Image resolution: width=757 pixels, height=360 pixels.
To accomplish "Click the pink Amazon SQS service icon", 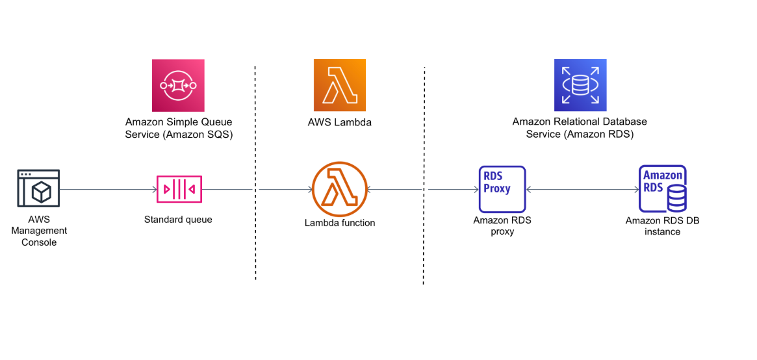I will click(x=178, y=85).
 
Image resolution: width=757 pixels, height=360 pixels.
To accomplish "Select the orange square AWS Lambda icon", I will click(x=339, y=85).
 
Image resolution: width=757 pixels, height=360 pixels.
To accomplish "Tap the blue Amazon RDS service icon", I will click(x=580, y=85).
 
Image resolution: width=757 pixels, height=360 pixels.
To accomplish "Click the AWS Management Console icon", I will click(x=38, y=188).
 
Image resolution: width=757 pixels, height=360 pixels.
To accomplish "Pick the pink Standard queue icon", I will click(x=179, y=189).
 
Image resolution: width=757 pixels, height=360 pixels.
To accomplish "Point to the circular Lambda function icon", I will click(x=339, y=189).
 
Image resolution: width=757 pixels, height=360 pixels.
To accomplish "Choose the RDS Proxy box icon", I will click(x=502, y=189).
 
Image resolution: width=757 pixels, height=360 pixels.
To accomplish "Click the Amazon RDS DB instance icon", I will click(x=662, y=188).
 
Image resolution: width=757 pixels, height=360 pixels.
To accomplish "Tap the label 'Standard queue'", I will click(x=178, y=220).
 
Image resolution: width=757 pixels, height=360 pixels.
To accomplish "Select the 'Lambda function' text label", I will click(x=339, y=223).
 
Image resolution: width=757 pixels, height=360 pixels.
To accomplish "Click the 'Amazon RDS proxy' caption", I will click(x=502, y=226).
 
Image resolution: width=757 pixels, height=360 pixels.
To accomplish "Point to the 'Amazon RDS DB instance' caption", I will click(x=662, y=226).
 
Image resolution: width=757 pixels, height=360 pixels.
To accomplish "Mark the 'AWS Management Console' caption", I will click(x=39, y=231).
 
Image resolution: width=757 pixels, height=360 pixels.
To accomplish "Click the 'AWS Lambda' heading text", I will click(x=339, y=122).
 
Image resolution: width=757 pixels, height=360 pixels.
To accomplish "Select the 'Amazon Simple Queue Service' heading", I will click(x=179, y=128).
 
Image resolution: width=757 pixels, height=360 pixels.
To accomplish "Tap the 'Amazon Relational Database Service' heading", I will click(x=580, y=128).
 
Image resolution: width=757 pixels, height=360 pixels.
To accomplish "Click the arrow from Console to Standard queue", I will click(x=107, y=190).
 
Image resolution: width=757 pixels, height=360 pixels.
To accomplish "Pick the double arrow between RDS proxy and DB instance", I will click(x=582, y=190).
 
